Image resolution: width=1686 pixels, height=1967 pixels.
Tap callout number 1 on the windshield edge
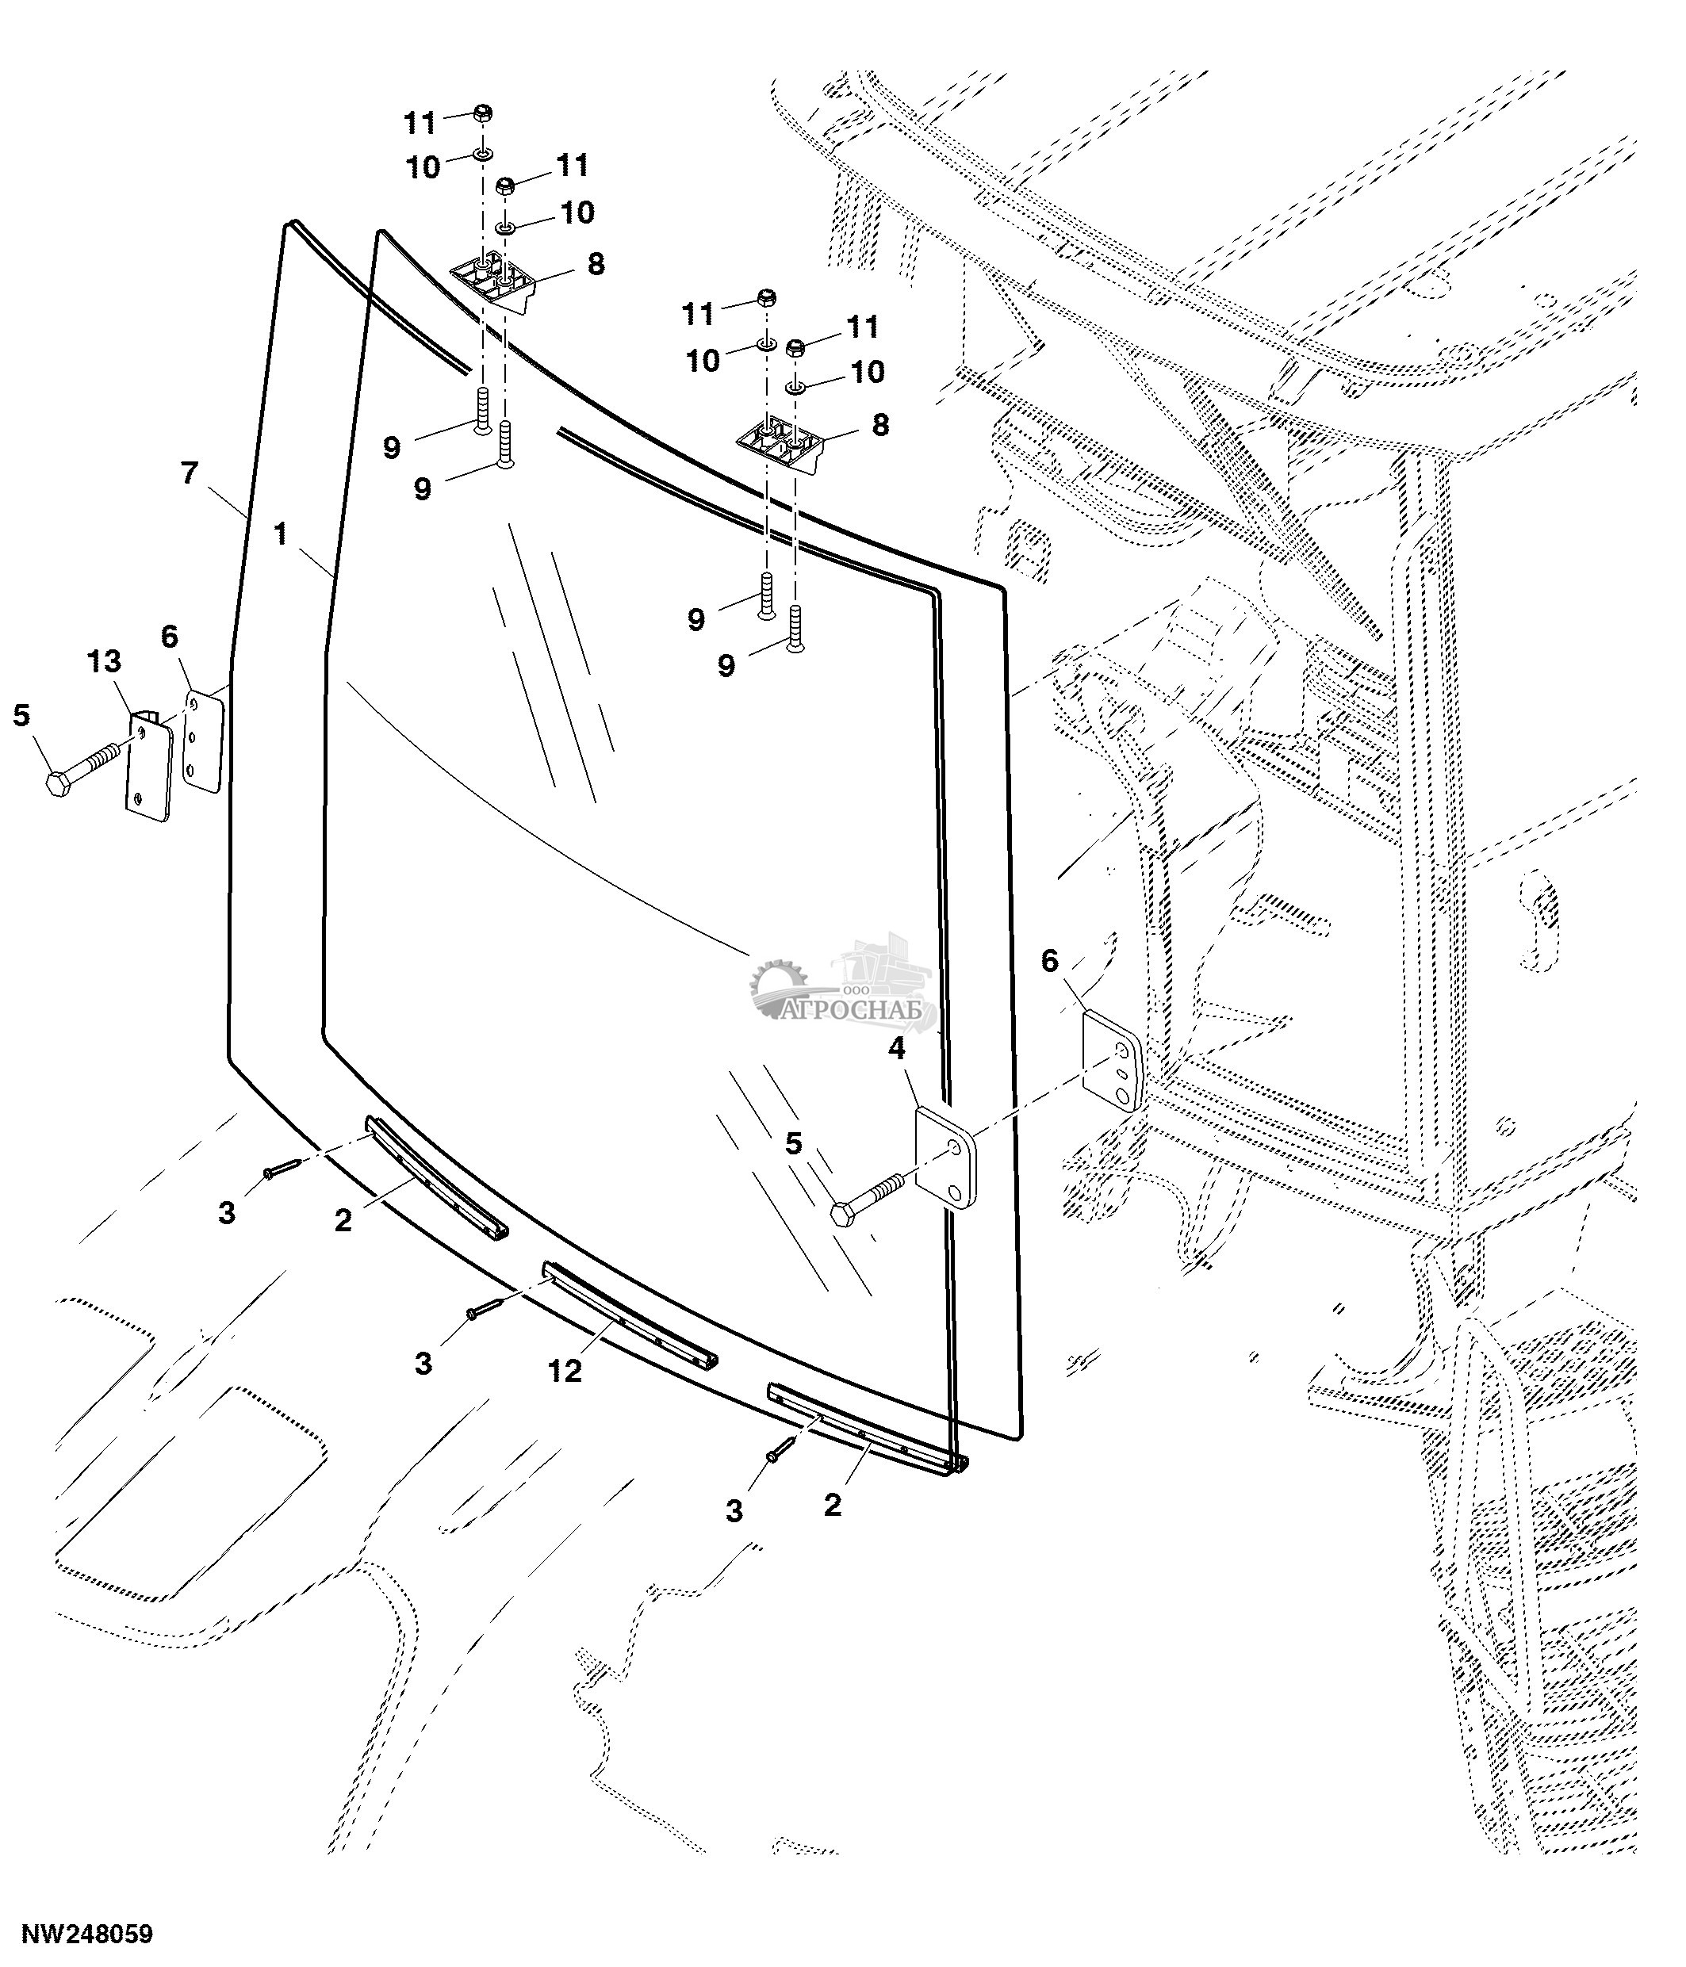[x=280, y=534]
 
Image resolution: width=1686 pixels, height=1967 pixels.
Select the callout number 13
[x=105, y=662]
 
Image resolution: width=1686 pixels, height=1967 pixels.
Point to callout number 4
[x=896, y=1049]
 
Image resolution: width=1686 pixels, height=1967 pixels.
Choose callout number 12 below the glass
[x=565, y=1371]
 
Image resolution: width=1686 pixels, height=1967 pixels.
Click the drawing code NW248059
[x=87, y=1934]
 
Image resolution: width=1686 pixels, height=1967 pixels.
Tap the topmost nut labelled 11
[x=481, y=113]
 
